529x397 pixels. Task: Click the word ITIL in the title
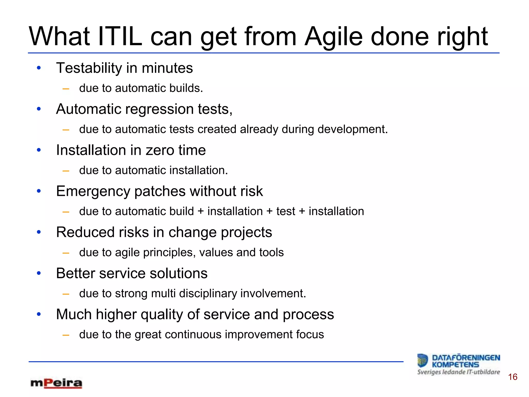tap(120, 37)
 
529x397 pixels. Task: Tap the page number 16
tap(512, 377)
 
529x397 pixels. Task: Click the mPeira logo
tap(56, 383)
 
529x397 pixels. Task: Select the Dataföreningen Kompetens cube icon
tap(423, 360)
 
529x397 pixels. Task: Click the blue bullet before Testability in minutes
tap(39, 68)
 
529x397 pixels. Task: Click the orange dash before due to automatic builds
tap(66, 89)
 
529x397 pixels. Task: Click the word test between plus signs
tap(285, 211)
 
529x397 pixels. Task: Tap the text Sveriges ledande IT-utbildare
tap(458, 372)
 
